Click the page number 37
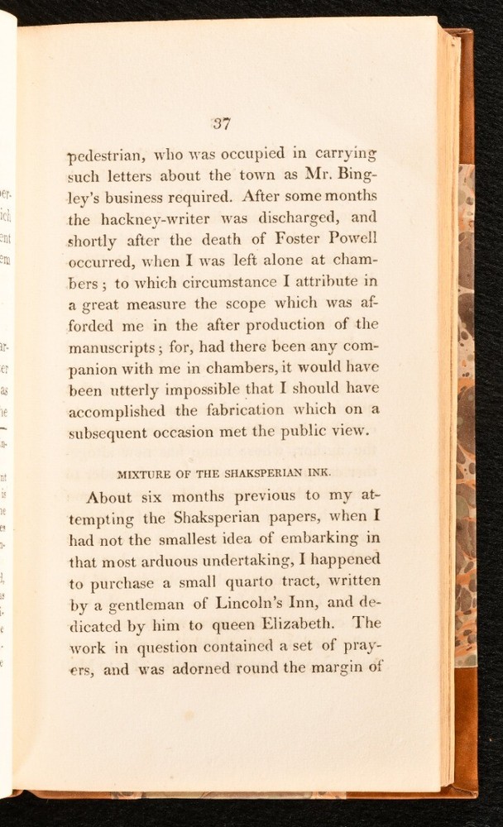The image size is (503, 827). (221, 124)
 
